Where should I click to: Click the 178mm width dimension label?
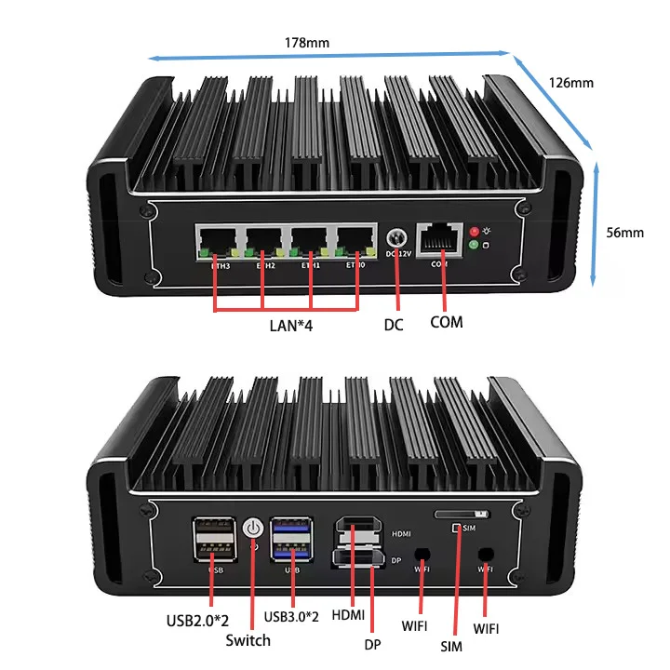(307, 42)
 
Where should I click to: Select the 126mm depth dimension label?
(570, 83)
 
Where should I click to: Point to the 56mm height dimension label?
(624, 232)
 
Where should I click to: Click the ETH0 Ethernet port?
(355, 245)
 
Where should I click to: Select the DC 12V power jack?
(397, 240)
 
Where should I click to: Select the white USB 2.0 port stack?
(210, 540)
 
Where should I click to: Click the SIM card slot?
(460, 513)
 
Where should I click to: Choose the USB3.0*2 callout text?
(291, 616)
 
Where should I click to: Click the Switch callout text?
(248, 640)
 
